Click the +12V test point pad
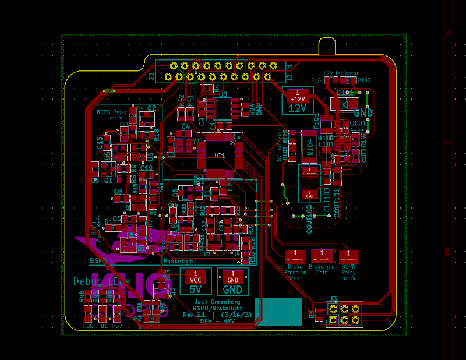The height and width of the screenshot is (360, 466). pyautogui.click(x=298, y=94)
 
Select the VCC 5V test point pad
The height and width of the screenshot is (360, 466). pyautogui.click(x=196, y=276)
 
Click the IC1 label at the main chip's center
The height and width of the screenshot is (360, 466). pyautogui.click(x=220, y=155)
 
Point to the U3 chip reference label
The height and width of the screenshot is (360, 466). pyautogui.click(x=223, y=93)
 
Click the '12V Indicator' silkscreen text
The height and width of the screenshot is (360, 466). pyautogui.click(x=341, y=73)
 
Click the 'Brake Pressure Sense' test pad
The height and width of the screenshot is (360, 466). pyautogui.click(x=295, y=255)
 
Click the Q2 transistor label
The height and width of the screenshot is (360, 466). pyautogui.click(x=151, y=108)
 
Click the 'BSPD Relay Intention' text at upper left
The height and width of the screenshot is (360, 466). pyautogui.click(x=112, y=114)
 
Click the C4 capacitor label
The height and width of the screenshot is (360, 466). pyautogui.click(x=185, y=126)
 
